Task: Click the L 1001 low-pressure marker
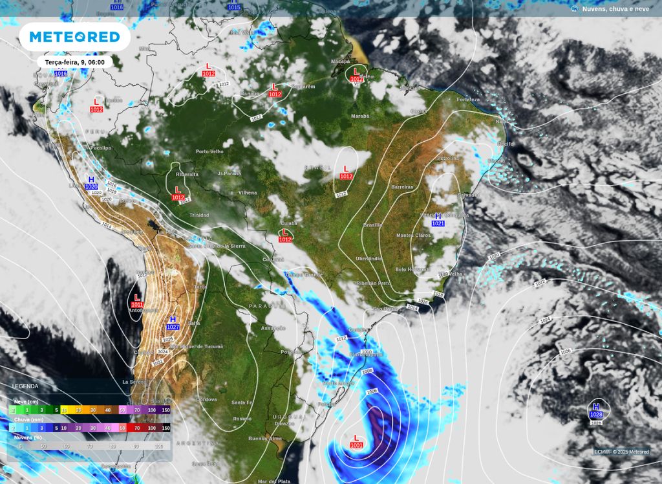356,442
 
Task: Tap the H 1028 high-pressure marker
595,410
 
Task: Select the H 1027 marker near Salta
173,323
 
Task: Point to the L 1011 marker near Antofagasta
136,301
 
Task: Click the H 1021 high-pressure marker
438,219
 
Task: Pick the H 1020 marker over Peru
91,182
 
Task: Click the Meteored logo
75,37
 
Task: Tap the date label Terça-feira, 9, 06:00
74,62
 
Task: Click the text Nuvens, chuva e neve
615,8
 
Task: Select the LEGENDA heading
25,386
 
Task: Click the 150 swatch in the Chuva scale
165,428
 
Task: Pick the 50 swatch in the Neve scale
122,410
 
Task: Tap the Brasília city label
372,225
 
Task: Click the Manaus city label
250,93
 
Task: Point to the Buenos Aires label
266,438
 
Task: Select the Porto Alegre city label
339,382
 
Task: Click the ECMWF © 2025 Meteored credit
621,452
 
